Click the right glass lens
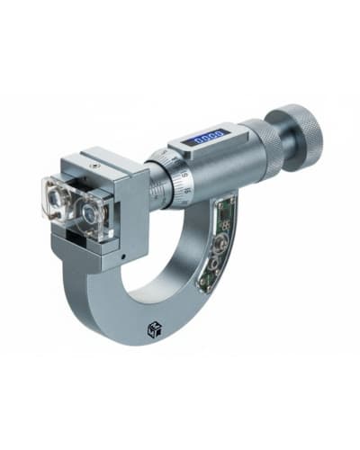tap(93, 214)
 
